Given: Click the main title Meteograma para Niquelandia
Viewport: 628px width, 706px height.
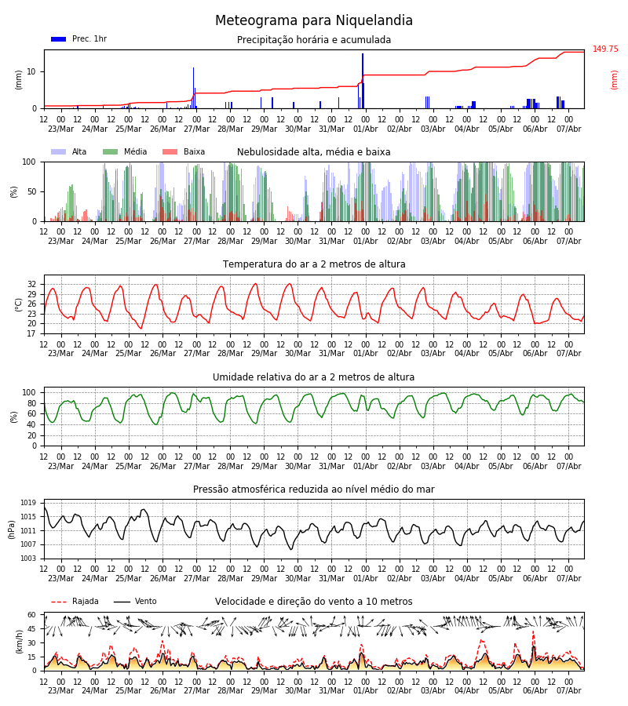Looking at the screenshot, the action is pyautogui.click(x=313, y=20).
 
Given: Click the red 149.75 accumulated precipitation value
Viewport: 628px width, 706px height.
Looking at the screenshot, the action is pyautogui.click(x=605, y=49).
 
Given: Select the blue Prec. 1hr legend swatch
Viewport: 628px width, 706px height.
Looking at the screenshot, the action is pyautogui.click(x=59, y=39).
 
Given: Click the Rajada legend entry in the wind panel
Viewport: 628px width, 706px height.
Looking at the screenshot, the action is pyautogui.click(x=75, y=602).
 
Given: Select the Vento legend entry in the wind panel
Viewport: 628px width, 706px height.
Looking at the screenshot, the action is pyautogui.click(x=135, y=602).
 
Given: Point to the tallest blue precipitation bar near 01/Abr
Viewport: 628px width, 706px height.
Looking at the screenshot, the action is pyautogui.click(x=363, y=81).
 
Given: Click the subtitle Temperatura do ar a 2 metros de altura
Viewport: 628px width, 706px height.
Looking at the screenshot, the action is pyautogui.click(x=313, y=264).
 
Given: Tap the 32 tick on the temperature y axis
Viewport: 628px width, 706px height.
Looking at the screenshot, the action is pyautogui.click(x=31, y=285).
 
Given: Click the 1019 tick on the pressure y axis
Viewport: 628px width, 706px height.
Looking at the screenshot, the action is pyautogui.click(x=28, y=503).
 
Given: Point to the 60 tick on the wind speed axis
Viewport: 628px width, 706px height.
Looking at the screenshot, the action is pyautogui.click(x=31, y=615).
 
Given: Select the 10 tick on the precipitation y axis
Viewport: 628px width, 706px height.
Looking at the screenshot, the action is pyautogui.click(x=31, y=71).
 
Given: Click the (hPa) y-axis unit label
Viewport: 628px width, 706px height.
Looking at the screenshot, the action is pyautogui.click(x=12, y=529).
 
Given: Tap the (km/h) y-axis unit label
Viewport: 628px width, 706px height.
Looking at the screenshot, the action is pyautogui.click(x=19, y=642).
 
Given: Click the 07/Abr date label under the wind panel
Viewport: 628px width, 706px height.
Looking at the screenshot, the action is pyautogui.click(x=568, y=690).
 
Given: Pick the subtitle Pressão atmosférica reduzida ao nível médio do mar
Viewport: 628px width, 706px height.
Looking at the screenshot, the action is pyautogui.click(x=313, y=489).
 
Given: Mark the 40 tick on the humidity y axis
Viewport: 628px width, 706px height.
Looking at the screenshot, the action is pyautogui.click(x=31, y=424).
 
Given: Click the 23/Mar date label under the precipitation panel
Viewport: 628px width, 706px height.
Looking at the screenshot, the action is pyautogui.click(x=60, y=129).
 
